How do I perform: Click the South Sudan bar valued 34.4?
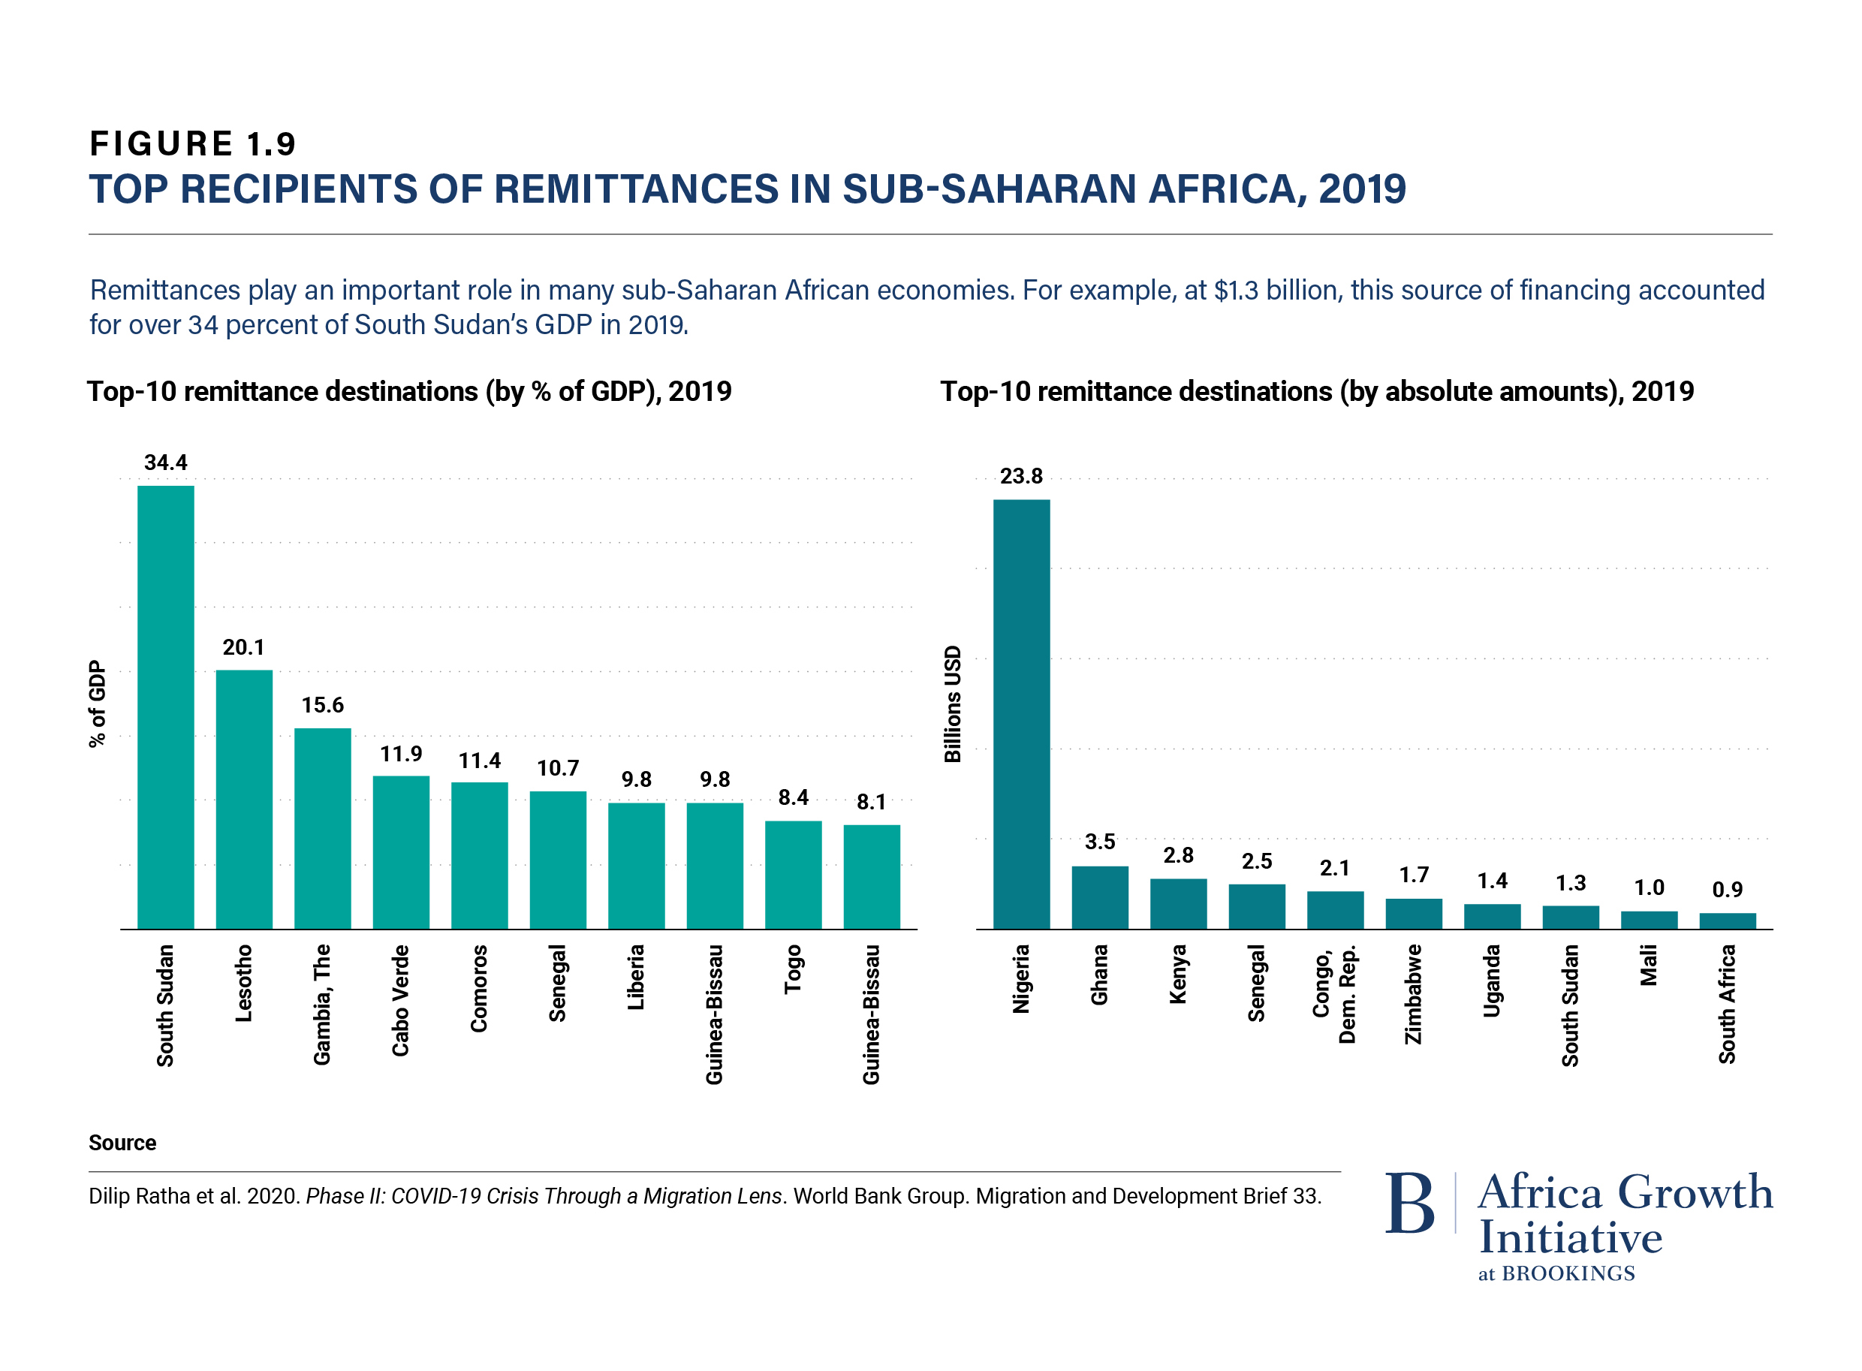(x=165, y=707)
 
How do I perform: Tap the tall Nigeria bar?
(x=1020, y=714)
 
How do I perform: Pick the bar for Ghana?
(x=1099, y=897)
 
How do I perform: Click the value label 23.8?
(x=1020, y=476)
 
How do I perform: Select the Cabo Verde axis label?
(x=401, y=1000)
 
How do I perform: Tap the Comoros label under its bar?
(x=479, y=988)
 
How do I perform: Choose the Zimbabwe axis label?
(x=1413, y=994)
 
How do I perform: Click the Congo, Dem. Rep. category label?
(x=1334, y=993)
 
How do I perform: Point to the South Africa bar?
(x=1727, y=921)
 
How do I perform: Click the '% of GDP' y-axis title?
(x=98, y=704)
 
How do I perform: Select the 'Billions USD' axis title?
(x=953, y=704)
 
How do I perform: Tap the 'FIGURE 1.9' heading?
(x=192, y=143)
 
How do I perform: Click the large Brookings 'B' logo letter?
(x=1409, y=1203)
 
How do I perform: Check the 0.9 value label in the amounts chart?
(x=1727, y=890)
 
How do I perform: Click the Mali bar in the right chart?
(x=1649, y=920)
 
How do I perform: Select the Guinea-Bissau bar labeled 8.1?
(x=871, y=876)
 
